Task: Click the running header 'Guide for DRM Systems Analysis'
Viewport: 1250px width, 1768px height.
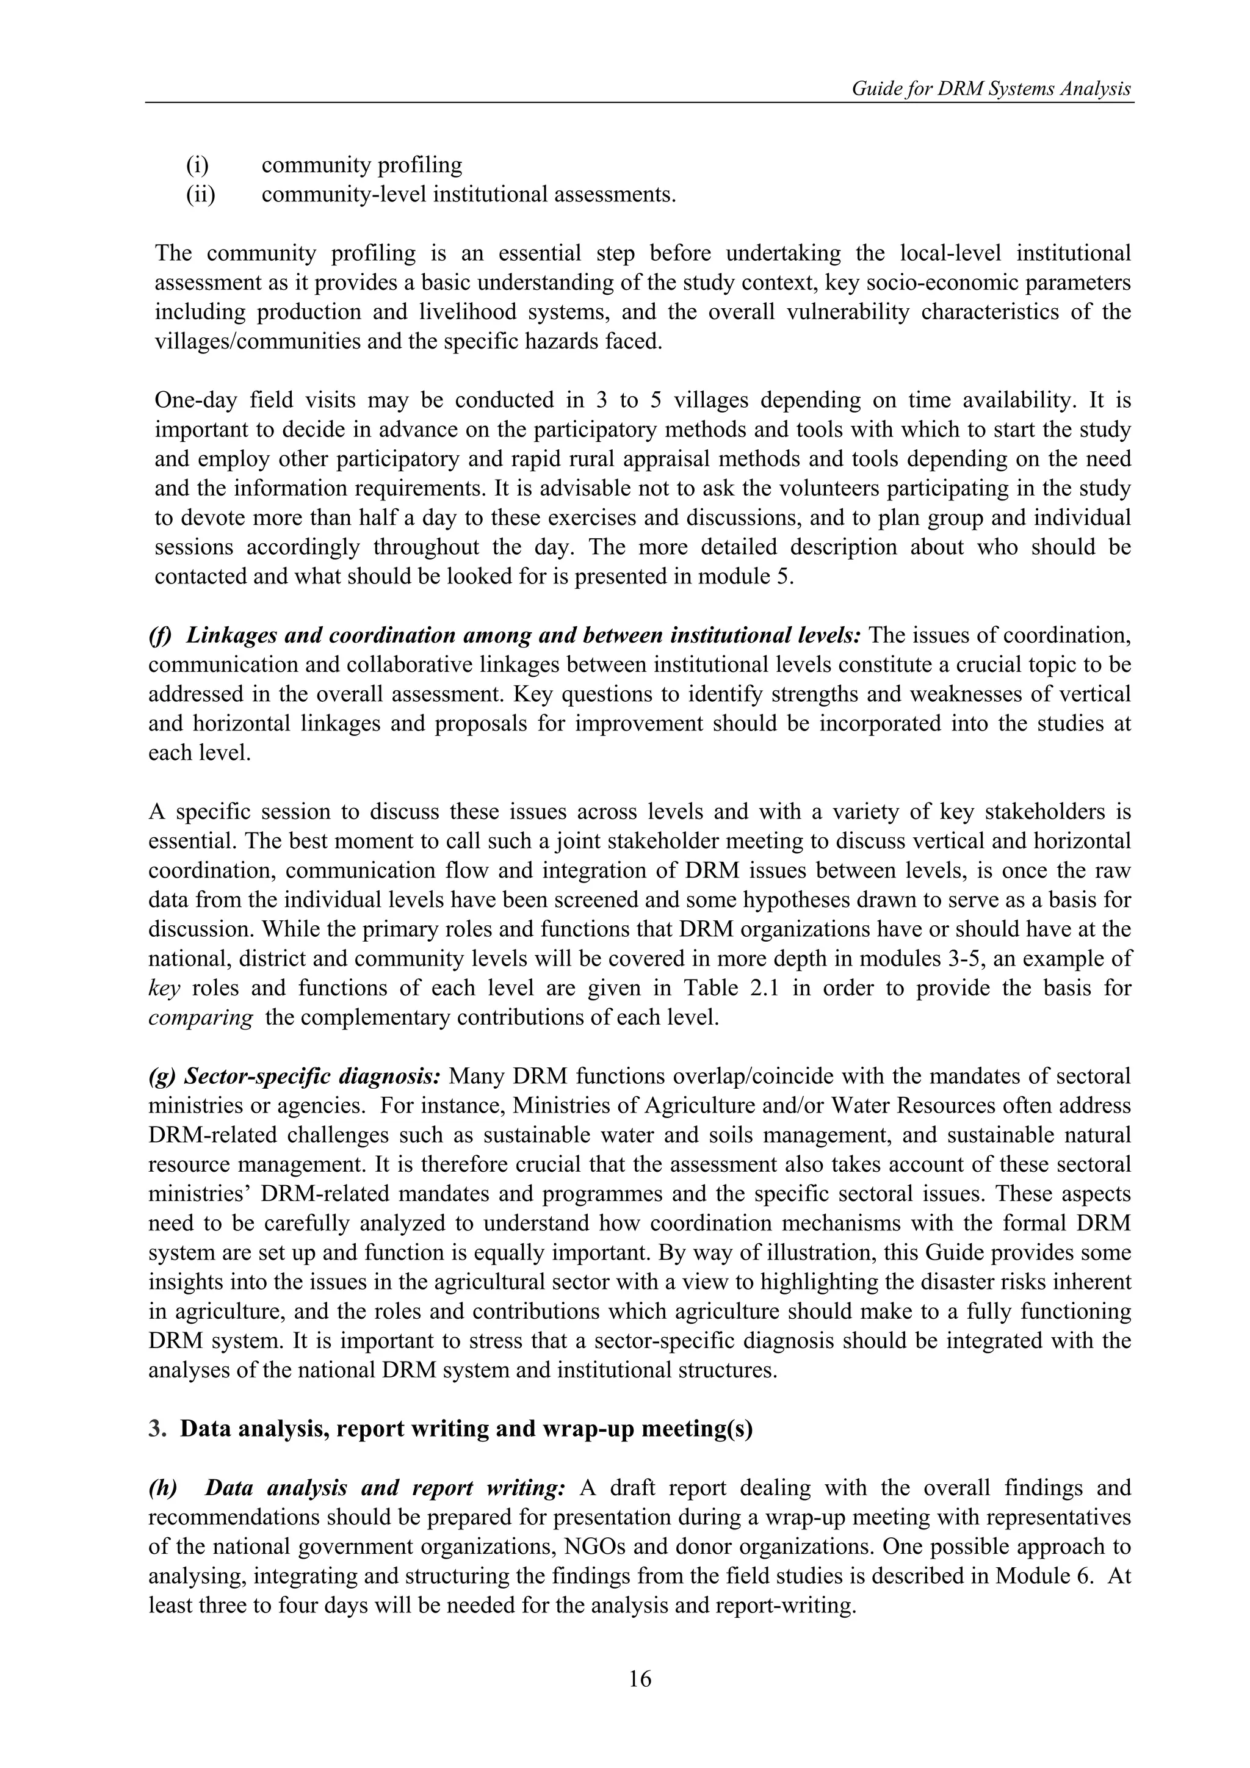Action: point(991,89)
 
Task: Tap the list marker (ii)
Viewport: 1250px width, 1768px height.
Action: point(200,194)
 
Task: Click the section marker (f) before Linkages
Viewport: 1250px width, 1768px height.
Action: point(160,636)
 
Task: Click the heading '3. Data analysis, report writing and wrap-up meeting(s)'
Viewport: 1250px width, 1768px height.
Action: point(450,1429)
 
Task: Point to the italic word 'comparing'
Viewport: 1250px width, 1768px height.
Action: point(200,1018)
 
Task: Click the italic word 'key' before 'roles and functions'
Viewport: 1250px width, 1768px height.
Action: point(164,988)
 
